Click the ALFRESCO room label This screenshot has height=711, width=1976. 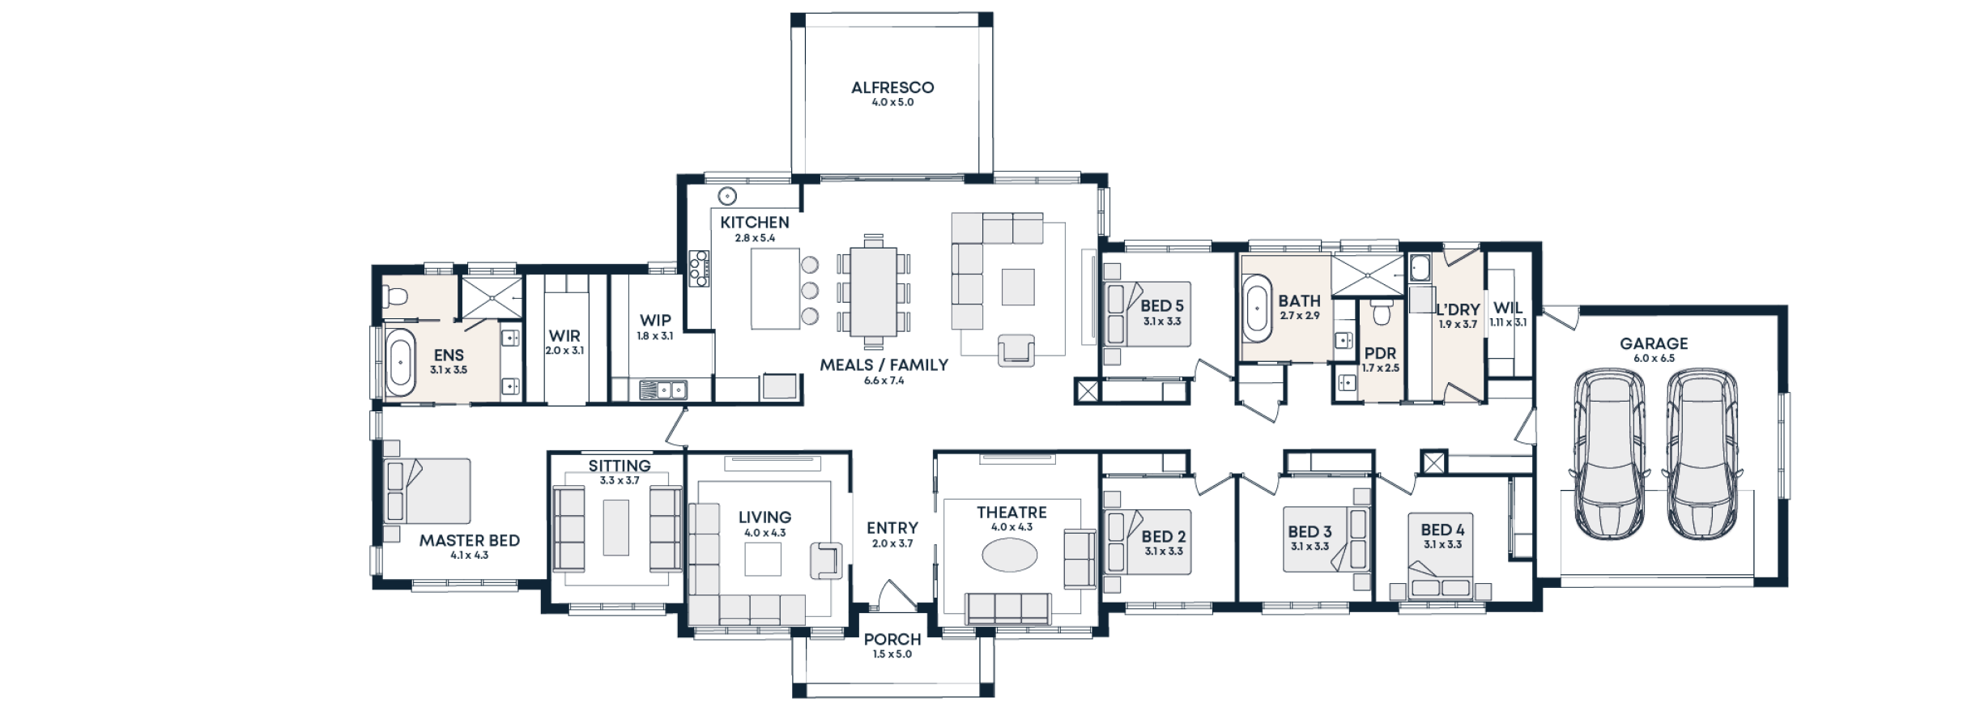[892, 87]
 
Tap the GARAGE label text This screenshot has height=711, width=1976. [1653, 343]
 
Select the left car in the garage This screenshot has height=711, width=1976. [1609, 453]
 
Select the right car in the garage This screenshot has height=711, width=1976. [1701, 453]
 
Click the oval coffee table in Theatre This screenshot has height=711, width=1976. [1009, 556]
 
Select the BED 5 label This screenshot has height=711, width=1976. [1161, 306]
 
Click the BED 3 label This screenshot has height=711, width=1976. [1310, 532]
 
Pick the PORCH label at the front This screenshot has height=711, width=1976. [892, 640]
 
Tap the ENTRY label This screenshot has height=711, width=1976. [892, 528]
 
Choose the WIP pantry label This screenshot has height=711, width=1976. [654, 321]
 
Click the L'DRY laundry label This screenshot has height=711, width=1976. [1458, 309]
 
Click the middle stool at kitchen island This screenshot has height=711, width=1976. [810, 290]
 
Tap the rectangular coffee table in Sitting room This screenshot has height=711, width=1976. [615, 528]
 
